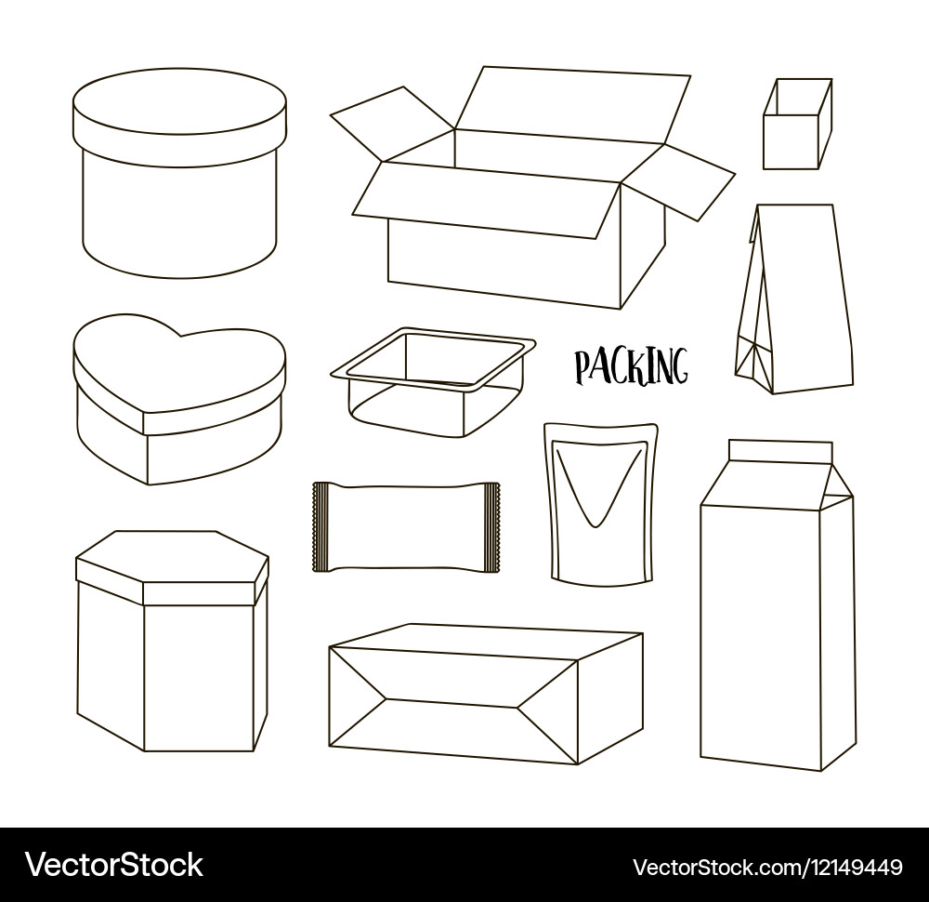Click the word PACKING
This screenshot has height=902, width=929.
[x=631, y=365]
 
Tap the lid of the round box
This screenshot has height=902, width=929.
[x=179, y=116]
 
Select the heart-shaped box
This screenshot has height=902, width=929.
[x=178, y=400]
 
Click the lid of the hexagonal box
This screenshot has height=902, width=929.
[x=172, y=567]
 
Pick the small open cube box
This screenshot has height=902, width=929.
[x=796, y=126]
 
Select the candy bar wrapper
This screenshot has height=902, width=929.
[x=406, y=526]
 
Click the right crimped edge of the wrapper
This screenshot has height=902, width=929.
[x=494, y=526]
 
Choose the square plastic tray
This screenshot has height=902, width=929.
[x=433, y=381]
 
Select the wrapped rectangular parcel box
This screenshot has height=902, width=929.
[x=483, y=693]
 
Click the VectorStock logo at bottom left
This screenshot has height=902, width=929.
[x=114, y=866]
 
